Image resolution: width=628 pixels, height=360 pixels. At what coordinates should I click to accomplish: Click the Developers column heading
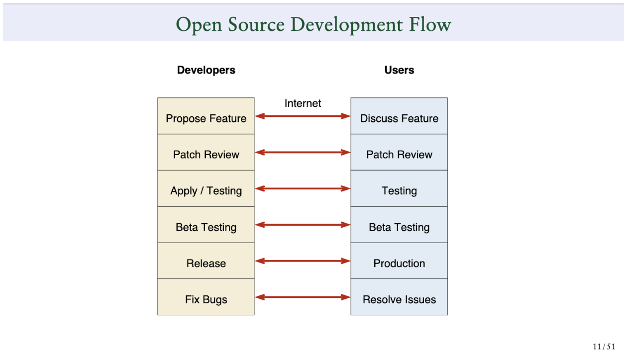coord(206,70)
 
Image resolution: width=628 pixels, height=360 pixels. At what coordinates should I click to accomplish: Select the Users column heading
coord(399,70)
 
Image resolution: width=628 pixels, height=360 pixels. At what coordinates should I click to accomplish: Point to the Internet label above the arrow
coord(303,103)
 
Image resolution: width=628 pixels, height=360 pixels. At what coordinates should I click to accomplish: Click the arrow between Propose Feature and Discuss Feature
coord(303,116)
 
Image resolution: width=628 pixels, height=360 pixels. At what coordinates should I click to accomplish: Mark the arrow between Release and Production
coord(303,261)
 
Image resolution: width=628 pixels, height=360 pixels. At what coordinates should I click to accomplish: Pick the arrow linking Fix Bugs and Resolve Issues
coord(303,297)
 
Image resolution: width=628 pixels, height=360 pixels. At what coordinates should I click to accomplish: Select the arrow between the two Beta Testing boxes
coord(303,225)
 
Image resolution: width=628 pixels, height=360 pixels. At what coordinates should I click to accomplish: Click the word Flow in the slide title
coord(430,24)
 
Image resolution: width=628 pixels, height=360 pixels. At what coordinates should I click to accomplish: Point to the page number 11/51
coord(604,347)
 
